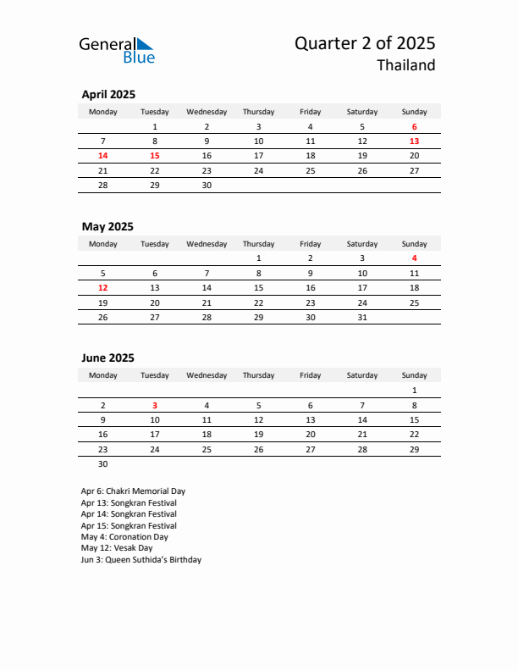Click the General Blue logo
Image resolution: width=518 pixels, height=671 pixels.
click(x=117, y=50)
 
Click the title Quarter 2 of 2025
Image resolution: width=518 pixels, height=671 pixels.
click(x=365, y=44)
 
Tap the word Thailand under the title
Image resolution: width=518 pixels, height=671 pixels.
click(x=406, y=66)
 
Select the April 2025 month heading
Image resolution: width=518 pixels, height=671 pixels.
click(x=108, y=95)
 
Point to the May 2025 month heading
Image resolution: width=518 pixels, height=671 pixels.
click(x=107, y=227)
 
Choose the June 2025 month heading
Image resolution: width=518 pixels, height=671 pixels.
click(x=107, y=358)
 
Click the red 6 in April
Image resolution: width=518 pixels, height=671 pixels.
click(x=414, y=127)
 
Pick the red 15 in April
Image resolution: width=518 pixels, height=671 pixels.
click(x=155, y=156)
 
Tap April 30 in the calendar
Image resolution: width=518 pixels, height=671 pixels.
click(x=207, y=185)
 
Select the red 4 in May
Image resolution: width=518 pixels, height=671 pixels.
click(x=414, y=258)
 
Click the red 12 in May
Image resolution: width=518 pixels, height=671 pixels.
click(x=103, y=287)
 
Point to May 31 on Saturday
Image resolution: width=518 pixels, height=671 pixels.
click(x=362, y=317)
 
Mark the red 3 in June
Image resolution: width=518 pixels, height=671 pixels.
click(x=155, y=405)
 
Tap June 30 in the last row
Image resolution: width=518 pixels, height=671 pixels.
click(x=103, y=463)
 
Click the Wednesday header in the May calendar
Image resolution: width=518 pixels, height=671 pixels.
click(x=207, y=244)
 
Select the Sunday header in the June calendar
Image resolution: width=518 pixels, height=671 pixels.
click(x=414, y=375)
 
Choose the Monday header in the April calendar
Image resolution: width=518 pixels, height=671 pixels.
click(x=103, y=112)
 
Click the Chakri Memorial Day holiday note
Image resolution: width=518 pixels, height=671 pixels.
click(x=133, y=491)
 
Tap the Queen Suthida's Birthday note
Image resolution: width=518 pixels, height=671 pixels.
click(x=141, y=560)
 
